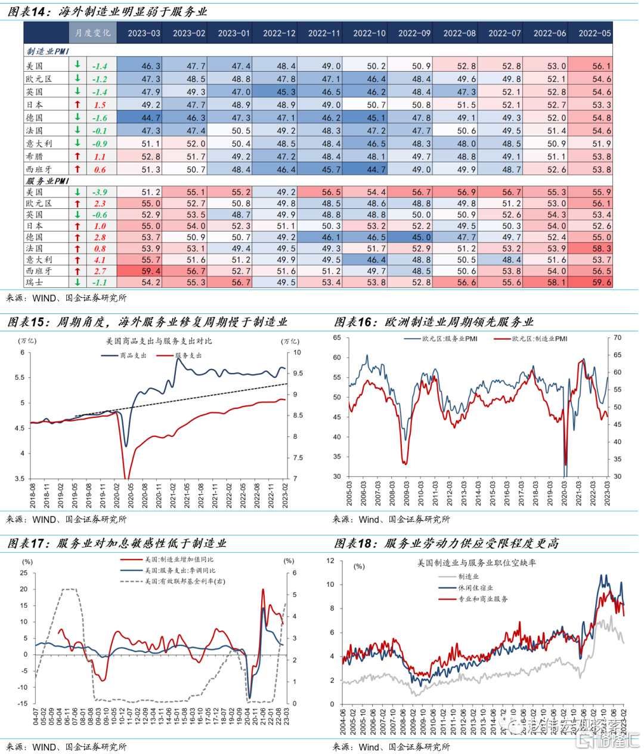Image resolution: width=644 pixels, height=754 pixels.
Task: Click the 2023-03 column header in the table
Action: (144, 33)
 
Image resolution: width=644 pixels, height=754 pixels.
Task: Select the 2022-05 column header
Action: (595, 33)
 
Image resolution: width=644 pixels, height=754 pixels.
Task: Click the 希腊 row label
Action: (35, 156)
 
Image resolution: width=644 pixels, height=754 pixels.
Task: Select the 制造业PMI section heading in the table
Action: (48, 52)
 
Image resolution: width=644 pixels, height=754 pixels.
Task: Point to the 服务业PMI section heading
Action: (48, 181)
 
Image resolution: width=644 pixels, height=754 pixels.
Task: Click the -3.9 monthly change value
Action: (100, 192)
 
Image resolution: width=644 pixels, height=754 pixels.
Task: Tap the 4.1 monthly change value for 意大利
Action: (100, 260)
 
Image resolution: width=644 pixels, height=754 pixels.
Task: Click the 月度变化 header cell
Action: (93, 33)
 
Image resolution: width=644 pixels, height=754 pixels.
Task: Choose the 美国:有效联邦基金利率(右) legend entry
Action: (185, 581)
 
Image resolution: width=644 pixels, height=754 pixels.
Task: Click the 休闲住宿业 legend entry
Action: (476, 587)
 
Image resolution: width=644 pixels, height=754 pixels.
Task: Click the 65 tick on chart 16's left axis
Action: (337, 338)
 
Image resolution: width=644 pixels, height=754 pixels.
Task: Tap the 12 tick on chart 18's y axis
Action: (331, 561)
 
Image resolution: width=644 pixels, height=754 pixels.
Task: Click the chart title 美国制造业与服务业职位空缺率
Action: (476, 563)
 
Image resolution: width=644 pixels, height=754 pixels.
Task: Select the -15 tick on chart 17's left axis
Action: (23, 704)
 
